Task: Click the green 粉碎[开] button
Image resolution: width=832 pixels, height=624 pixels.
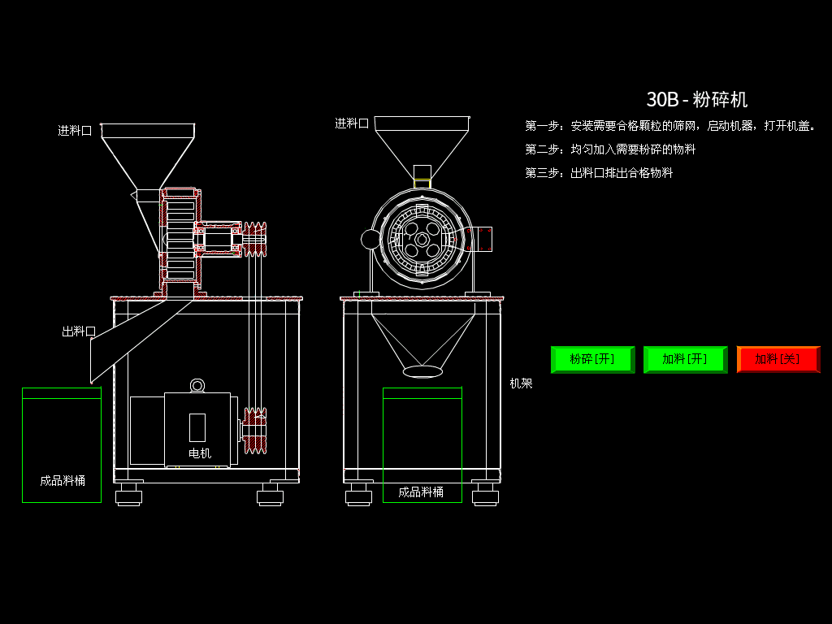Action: click(x=592, y=359)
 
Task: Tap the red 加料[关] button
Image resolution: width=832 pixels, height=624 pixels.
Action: click(x=778, y=359)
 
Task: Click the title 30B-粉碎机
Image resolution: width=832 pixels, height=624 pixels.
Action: click(x=696, y=100)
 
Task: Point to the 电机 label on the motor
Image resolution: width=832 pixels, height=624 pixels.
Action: click(x=200, y=453)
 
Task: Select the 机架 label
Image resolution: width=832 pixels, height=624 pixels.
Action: click(x=521, y=383)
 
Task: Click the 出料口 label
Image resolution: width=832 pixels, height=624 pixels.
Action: click(x=79, y=331)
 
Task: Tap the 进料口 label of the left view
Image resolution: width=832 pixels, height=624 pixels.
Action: click(x=75, y=130)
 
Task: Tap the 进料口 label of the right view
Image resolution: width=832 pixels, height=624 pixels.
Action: click(x=352, y=123)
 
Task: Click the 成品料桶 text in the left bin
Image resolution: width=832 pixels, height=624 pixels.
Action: click(x=63, y=480)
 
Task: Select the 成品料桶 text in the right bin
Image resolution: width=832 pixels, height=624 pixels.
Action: click(x=421, y=492)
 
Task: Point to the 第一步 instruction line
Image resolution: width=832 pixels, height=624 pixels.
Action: click(x=670, y=126)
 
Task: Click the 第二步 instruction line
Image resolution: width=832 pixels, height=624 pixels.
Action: click(x=610, y=149)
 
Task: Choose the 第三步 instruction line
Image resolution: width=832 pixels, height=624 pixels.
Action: click(x=599, y=173)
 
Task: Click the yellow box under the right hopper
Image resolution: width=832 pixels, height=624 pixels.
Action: click(x=422, y=184)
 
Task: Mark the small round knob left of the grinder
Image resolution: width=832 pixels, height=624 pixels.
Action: click(x=370, y=239)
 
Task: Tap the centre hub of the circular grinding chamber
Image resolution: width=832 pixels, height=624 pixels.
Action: click(x=422, y=240)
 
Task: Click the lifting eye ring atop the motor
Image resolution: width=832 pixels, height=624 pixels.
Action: click(x=197, y=385)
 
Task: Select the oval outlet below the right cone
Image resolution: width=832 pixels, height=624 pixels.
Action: click(x=422, y=371)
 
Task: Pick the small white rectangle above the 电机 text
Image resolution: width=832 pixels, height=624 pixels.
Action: click(x=197, y=427)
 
